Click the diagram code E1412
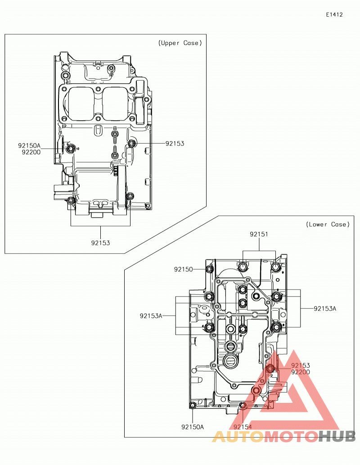point(334,14)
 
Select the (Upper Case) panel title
point(180,43)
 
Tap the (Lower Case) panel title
point(328,225)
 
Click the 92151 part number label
point(259,234)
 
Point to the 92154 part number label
point(243,427)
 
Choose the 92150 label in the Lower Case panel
point(183,269)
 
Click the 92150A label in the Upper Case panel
point(29,145)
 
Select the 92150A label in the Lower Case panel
point(193,427)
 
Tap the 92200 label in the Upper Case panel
point(31,152)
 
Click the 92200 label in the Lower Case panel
point(301,372)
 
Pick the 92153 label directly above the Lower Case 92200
point(301,366)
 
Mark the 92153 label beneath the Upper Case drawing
point(100,243)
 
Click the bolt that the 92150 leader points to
point(210,269)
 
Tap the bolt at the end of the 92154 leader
point(243,406)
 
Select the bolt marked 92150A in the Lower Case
point(193,405)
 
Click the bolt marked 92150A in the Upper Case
point(70,149)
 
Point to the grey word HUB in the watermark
point(337,436)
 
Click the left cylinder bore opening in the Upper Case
point(80,104)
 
